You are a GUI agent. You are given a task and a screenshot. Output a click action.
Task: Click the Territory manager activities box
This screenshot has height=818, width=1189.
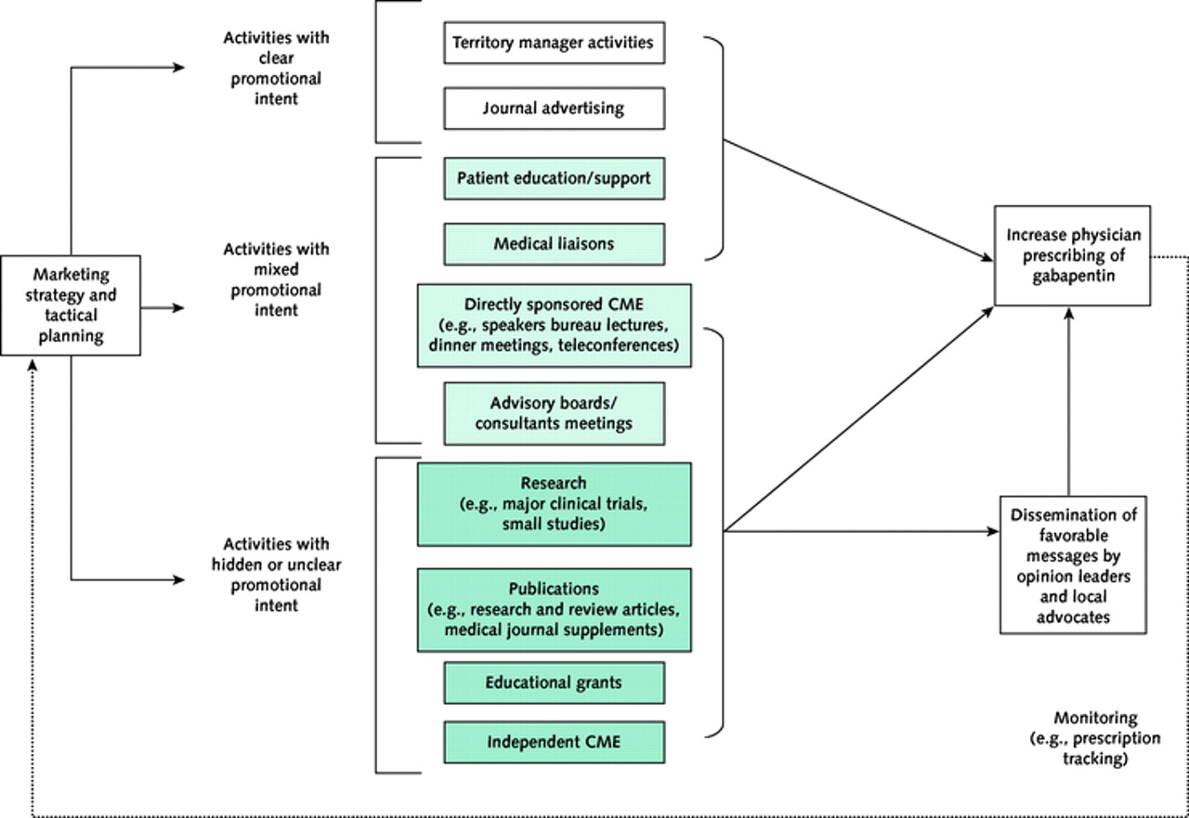[x=554, y=43]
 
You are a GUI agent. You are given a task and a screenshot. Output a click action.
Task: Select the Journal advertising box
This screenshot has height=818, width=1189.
[x=554, y=109]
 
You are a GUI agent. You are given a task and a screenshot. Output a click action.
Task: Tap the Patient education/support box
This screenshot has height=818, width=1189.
[x=554, y=177]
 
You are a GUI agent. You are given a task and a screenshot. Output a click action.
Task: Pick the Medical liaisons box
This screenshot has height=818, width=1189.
[x=554, y=244]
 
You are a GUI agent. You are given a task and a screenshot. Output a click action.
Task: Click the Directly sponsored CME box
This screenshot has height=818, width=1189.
[x=554, y=325]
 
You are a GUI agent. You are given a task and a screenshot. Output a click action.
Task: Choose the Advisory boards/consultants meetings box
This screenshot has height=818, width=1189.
[x=554, y=413]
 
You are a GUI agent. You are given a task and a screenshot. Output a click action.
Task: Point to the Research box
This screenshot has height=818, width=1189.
[x=554, y=504]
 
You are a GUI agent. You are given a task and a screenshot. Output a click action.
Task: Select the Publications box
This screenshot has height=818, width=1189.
[x=554, y=609]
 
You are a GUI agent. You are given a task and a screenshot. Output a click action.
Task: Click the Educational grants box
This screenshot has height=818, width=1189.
[x=554, y=682]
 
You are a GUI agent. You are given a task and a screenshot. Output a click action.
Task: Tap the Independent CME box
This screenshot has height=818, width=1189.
[x=554, y=742]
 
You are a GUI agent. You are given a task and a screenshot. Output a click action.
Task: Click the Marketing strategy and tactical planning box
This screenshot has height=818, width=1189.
[x=71, y=305]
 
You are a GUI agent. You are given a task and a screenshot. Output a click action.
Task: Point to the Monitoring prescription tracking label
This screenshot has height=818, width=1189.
[x=1095, y=738]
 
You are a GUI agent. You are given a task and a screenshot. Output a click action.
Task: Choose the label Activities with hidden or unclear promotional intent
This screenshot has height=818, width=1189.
[x=275, y=575]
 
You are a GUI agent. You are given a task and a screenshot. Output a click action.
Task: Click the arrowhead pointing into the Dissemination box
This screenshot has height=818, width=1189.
[x=992, y=532]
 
